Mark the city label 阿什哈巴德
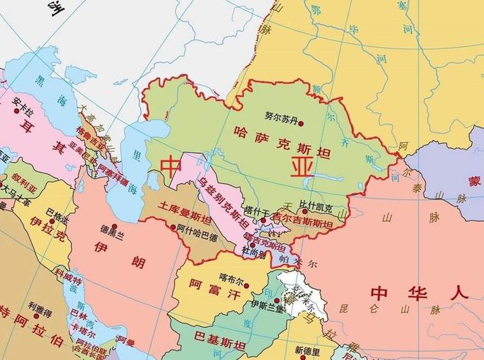point(197,237)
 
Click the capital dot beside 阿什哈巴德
point(174,228)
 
